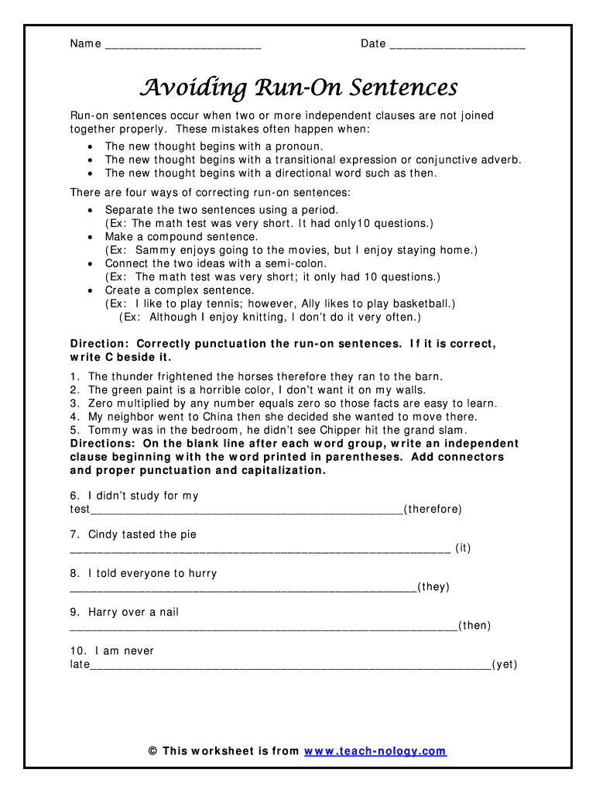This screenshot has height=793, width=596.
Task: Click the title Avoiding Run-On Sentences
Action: click(x=298, y=87)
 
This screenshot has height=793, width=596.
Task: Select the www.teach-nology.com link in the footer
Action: click(x=375, y=751)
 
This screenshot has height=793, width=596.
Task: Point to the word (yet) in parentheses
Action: click(x=505, y=664)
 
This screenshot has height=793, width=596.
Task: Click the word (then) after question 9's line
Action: click(x=474, y=626)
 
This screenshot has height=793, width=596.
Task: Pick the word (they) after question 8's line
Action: click(x=433, y=587)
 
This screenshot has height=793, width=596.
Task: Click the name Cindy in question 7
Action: click(x=103, y=534)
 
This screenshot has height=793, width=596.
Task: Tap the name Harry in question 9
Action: click(x=104, y=612)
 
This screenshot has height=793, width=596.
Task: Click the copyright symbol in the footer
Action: click(x=152, y=751)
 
